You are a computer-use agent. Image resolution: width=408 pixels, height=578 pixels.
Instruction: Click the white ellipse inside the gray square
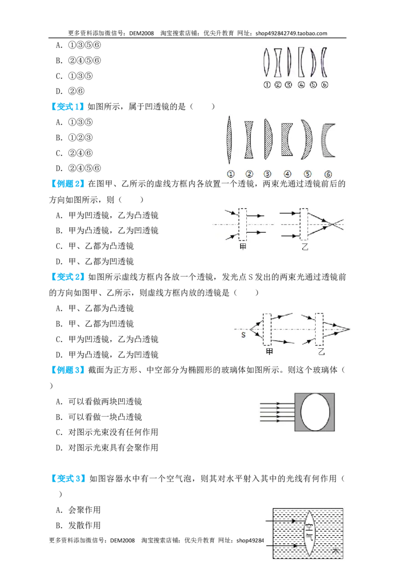click(315, 412)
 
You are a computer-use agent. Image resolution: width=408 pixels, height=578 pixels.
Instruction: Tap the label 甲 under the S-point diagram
click(269, 352)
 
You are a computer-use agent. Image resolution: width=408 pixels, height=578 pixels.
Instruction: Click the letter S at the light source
click(243, 335)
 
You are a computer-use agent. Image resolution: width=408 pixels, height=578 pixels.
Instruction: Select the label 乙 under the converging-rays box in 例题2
click(305, 247)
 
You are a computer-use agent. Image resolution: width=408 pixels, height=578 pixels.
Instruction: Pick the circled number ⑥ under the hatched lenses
click(328, 174)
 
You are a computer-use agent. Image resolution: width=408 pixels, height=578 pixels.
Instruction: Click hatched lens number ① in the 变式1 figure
click(229, 140)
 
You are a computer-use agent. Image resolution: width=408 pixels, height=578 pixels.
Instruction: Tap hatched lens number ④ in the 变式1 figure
click(287, 139)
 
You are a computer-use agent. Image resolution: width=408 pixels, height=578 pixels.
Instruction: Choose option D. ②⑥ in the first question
click(70, 91)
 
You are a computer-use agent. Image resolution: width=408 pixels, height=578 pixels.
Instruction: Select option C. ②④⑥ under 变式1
click(74, 153)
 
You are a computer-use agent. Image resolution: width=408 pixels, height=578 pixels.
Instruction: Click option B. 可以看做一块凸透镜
click(99, 417)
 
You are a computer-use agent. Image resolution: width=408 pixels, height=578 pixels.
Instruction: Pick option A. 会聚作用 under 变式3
click(78, 510)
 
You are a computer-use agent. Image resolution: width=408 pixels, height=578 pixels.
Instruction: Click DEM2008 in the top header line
click(141, 33)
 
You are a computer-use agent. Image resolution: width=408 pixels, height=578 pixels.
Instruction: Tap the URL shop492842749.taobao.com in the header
click(291, 33)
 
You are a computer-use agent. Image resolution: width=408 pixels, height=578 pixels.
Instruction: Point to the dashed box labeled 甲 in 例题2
click(243, 225)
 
